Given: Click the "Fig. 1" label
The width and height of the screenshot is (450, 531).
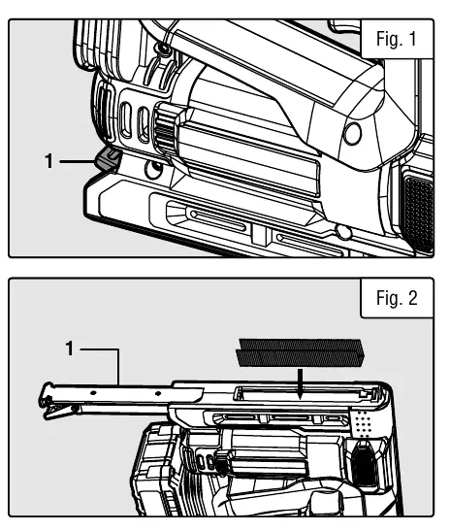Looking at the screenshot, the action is [x=397, y=39].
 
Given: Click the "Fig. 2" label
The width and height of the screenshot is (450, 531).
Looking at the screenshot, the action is [x=397, y=298].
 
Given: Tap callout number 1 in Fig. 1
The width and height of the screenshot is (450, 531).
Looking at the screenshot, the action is [x=49, y=161].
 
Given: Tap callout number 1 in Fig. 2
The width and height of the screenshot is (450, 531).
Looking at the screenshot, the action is [x=70, y=348].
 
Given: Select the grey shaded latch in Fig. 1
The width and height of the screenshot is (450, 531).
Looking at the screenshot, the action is [x=108, y=159].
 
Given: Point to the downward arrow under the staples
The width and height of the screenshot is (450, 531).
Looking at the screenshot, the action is [x=300, y=383].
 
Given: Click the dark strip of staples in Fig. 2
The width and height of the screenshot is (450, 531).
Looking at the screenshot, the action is [x=301, y=353].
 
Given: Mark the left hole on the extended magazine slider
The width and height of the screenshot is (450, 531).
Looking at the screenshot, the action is [x=93, y=393].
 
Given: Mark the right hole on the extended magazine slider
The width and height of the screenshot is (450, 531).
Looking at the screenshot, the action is [x=158, y=393].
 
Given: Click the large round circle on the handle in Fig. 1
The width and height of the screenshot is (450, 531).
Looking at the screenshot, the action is [x=352, y=133].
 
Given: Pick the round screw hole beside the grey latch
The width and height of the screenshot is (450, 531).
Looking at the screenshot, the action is [x=153, y=168].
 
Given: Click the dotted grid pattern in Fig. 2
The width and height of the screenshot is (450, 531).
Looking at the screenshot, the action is [x=363, y=423].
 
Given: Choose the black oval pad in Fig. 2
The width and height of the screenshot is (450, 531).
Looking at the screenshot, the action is [x=364, y=466].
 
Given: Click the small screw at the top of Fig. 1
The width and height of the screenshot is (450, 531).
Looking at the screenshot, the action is [x=165, y=50].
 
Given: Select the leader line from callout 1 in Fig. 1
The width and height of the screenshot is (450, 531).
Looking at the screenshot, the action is [x=78, y=162].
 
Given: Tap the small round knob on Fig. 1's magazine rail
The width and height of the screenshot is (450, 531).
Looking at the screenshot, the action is [x=343, y=232].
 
